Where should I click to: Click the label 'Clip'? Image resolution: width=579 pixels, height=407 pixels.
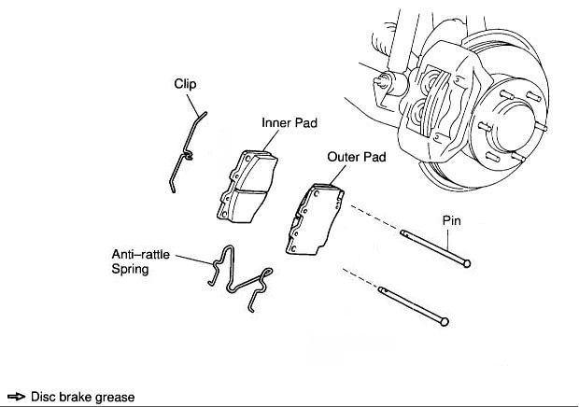[186, 84]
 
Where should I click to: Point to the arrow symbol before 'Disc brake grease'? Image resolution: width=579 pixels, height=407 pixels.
[15, 397]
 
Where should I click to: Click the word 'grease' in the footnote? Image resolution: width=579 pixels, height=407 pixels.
[115, 397]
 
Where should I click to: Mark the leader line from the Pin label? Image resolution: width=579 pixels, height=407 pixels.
[456, 243]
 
